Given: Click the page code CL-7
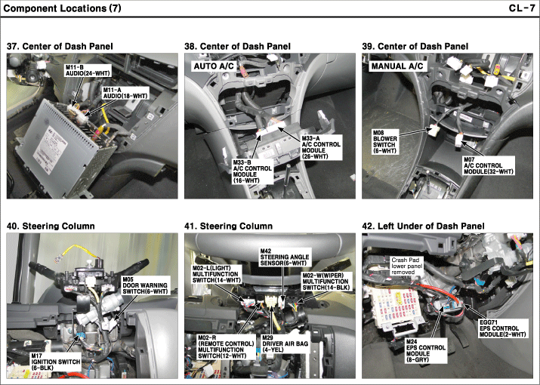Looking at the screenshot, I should pos(522,8).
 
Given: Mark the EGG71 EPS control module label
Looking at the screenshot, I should pos(500,329).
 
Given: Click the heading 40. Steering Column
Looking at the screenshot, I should pos(50,226).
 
